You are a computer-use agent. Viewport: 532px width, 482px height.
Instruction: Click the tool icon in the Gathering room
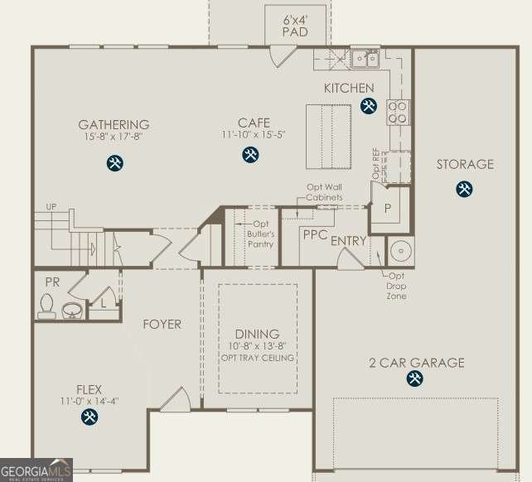click(x=115, y=163)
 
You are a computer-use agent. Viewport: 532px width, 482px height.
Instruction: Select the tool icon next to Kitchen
click(x=369, y=105)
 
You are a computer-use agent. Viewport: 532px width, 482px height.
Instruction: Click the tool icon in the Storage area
click(x=464, y=189)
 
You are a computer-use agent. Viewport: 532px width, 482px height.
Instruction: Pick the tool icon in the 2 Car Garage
click(x=414, y=379)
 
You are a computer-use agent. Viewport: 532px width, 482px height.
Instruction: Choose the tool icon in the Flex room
click(x=89, y=417)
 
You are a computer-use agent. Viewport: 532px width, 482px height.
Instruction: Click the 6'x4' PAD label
click(x=294, y=26)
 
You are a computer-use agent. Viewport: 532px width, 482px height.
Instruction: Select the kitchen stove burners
click(x=398, y=112)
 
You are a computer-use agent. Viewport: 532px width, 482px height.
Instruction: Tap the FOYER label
click(x=162, y=324)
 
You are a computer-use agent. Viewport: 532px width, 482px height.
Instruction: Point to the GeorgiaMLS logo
click(x=36, y=470)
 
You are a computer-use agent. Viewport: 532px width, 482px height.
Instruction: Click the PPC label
click(x=314, y=235)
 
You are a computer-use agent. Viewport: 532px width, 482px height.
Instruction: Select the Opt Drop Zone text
click(x=396, y=286)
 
